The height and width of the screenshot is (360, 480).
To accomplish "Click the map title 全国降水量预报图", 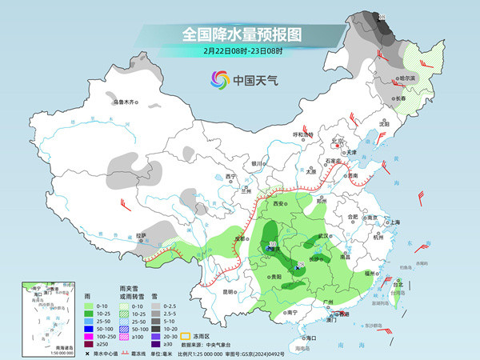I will click(241, 35).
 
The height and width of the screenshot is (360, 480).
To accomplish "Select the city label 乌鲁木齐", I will click(126, 102).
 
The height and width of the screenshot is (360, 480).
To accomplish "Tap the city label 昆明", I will click(230, 292).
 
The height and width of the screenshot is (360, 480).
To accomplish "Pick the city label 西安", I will click(278, 205).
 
